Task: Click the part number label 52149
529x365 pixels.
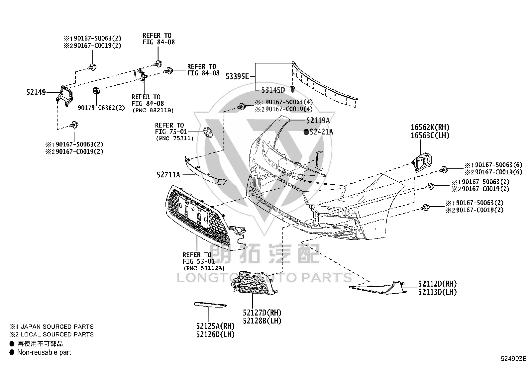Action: tap(36, 92)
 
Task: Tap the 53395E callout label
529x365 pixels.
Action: tap(237, 76)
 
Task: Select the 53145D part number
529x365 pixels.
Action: tap(273, 90)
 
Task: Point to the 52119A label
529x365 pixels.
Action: tap(318, 121)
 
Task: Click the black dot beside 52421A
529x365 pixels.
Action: tap(306, 132)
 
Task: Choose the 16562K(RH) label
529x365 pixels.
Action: tap(430, 127)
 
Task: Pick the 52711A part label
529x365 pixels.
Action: tap(168, 175)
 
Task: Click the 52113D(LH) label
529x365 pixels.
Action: tap(437, 292)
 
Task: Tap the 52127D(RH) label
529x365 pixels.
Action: tap(262, 313)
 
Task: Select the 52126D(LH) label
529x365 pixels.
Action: tap(215, 334)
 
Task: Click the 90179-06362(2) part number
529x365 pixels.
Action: tap(101, 108)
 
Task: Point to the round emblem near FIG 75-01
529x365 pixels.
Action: tap(208, 132)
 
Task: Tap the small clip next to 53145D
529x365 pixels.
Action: tap(293, 89)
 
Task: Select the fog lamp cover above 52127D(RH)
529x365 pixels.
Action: tap(254, 283)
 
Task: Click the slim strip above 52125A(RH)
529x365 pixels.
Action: tap(210, 304)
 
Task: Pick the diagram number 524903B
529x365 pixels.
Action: tap(514, 359)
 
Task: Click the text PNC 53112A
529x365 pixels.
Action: tap(204, 268)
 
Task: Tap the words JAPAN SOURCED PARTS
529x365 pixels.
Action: tap(57, 326)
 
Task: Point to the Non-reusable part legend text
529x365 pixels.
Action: tap(44, 352)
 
